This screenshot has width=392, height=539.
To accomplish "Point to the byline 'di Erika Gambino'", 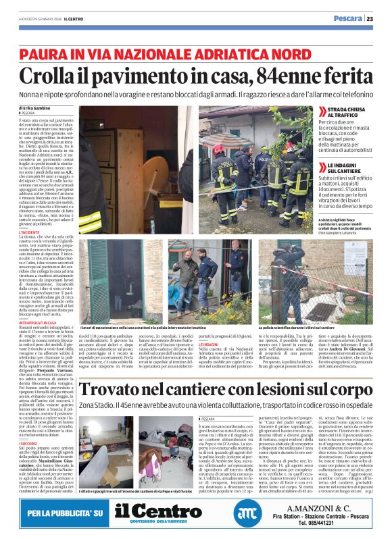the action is pos(34,108).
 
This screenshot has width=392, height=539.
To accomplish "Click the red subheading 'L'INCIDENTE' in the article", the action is pos(31,232).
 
